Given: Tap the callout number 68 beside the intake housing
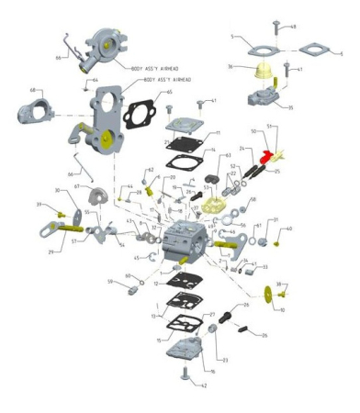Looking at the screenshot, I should pyautogui.click(x=34, y=90).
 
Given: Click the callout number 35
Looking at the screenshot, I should pyautogui.click(x=291, y=107).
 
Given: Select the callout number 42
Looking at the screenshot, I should pyautogui.click(x=204, y=385).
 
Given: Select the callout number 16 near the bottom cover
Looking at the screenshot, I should pyautogui.click(x=212, y=372).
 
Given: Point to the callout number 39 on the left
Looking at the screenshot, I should pyautogui.click(x=39, y=204).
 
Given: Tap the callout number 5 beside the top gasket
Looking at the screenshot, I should pyautogui.click(x=233, y=37).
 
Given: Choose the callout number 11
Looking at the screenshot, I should pyautogui.click(x=218, y=132).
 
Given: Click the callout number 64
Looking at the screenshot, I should pyautogui.click(x=95, y=80).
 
